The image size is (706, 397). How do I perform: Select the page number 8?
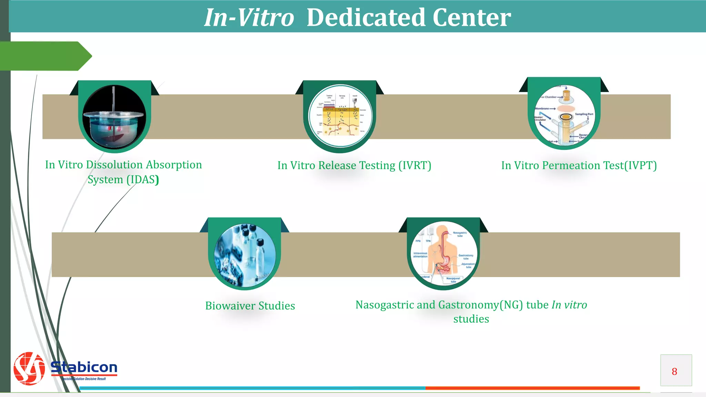[674, 371]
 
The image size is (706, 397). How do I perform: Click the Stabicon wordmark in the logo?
[84, 367]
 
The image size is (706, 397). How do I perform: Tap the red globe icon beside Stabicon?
[29, 368]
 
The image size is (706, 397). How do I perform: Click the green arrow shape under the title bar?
[45, 56]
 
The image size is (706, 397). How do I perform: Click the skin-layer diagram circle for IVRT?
[340, 116]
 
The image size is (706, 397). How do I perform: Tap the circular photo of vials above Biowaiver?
[245, 255]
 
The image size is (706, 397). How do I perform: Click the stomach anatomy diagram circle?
[444, 254]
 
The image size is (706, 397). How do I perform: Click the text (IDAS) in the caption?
[143, 180]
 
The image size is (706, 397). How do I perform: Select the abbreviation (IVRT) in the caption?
[414, 165]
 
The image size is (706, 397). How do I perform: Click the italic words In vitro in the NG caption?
[569, 305]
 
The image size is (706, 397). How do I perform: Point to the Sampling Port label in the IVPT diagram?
[584, 114]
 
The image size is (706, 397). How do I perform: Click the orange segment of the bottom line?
[532, 388]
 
